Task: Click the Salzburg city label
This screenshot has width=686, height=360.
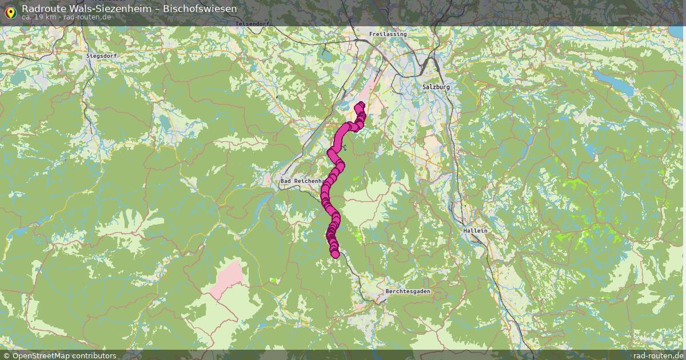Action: (x=436, y=87)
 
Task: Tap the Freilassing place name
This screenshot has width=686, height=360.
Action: (x=388, y=34)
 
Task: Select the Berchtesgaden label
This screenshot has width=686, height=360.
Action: (x=408, y=291)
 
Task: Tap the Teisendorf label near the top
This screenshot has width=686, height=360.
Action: (x=252, y=24)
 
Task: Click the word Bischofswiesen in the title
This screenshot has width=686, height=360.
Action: (x=200, y=9)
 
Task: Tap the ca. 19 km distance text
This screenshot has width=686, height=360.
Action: (x=39, y=17)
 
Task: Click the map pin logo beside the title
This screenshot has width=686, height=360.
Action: (x=10, y=11)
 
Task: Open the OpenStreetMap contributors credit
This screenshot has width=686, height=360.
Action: (x=64, y=355)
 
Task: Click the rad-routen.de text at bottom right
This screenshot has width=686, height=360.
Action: (x=658, y=355)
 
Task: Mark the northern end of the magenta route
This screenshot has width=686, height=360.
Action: (x=360, y=106)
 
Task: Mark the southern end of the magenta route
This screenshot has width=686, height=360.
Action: (x=335, y=254)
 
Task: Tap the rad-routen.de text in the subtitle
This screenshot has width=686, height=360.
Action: (x=87, y=17)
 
